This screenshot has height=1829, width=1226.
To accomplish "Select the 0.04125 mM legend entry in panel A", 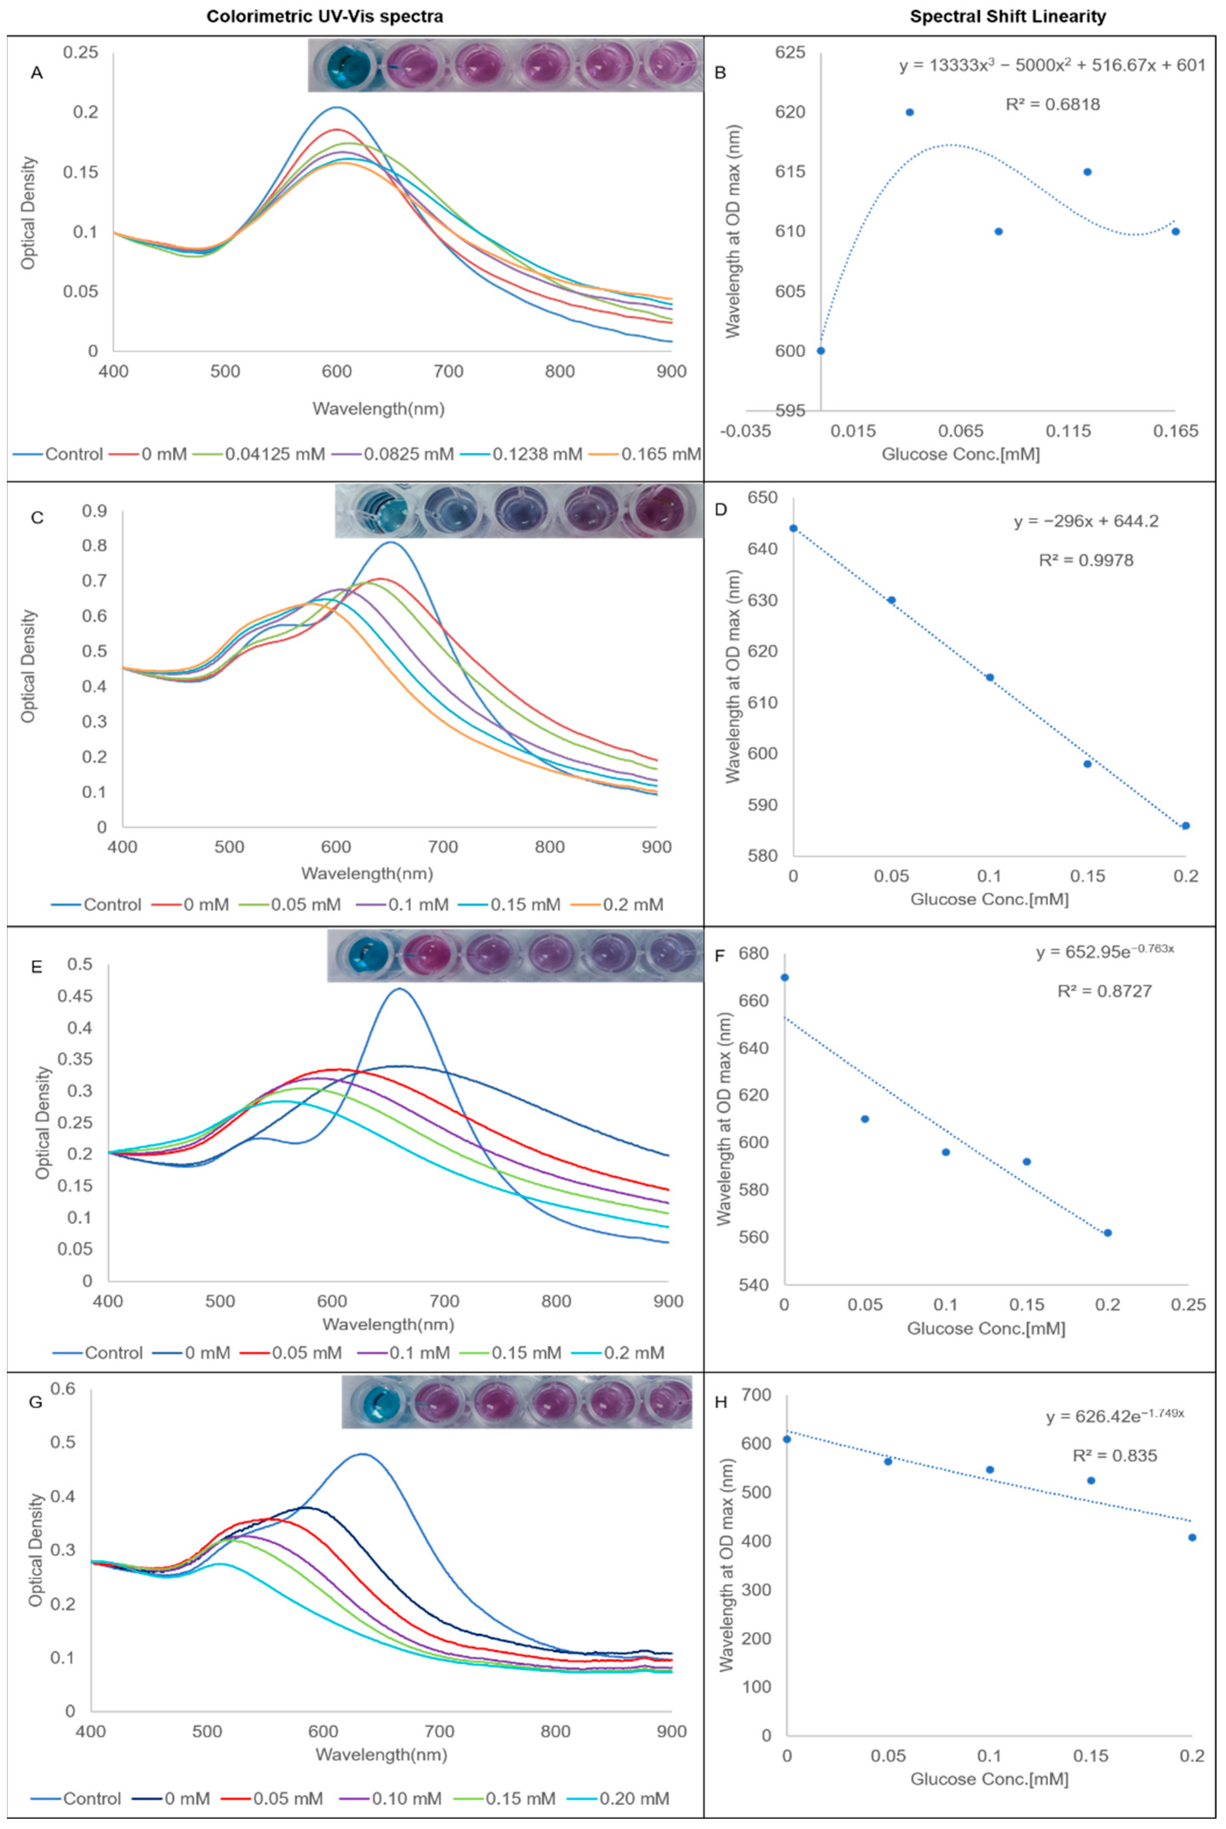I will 275,454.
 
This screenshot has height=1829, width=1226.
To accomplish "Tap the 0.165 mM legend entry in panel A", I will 661,454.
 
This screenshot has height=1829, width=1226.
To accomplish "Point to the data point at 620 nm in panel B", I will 909,112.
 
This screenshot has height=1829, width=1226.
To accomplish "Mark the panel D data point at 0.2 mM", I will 1185,826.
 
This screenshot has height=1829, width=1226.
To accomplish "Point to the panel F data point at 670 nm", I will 785,978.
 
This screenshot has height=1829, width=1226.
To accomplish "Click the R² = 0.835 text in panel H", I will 1114,1456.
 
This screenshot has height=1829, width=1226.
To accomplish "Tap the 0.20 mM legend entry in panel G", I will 634,1799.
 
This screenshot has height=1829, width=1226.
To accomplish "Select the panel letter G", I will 35,1402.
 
